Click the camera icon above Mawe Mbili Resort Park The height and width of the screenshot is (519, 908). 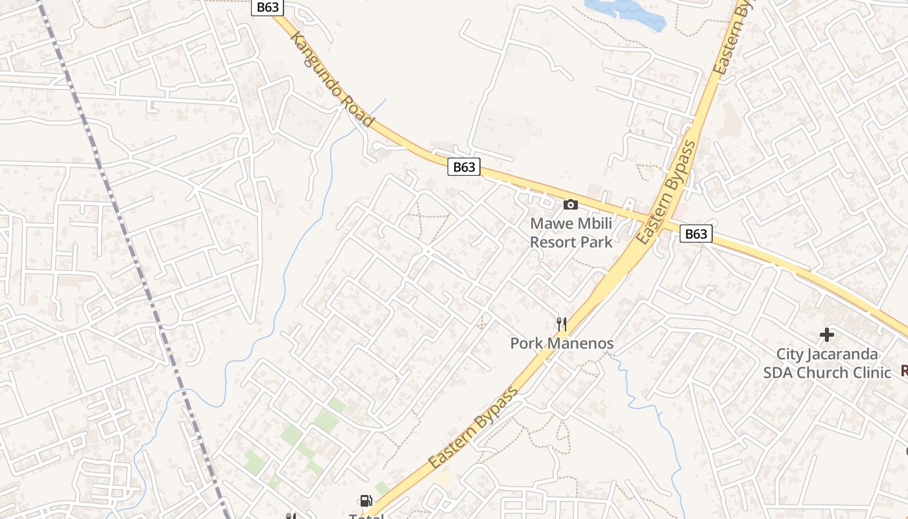[571, 205]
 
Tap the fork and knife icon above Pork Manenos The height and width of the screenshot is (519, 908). [562, 324]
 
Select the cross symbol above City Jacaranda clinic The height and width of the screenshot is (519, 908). [827, 335]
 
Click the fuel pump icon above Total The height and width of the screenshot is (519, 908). [366, 501]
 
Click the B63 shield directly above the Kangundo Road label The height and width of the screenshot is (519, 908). [268, 7]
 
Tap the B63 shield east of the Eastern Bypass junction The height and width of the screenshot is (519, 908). [696, 234]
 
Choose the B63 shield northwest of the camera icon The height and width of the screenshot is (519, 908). [464, 167]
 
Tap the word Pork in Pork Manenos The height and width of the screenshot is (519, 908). [527, 343]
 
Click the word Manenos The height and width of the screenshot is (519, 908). [580, 343]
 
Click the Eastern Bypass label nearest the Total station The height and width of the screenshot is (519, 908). [474, 428]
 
